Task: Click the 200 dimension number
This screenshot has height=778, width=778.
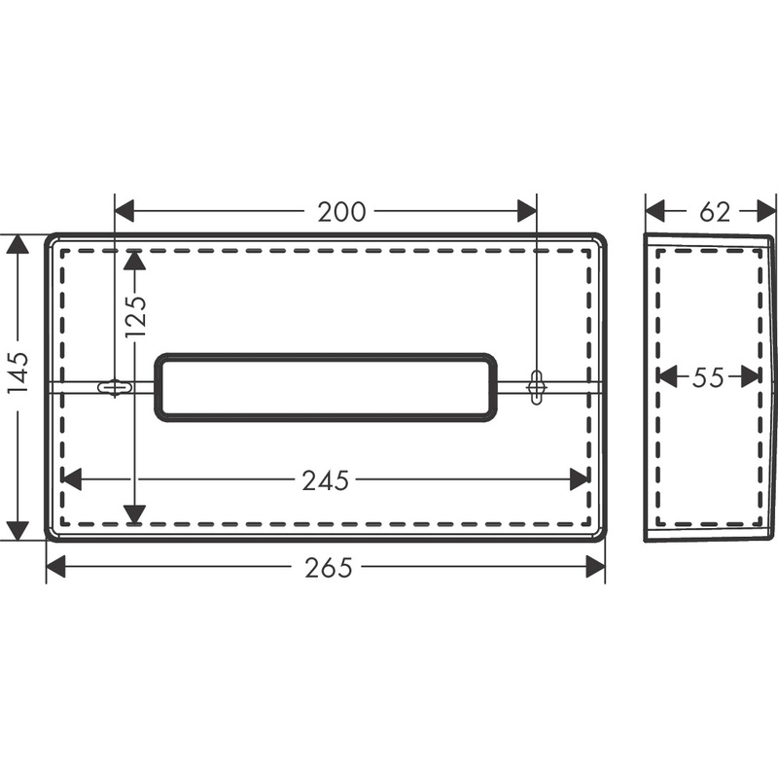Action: click(x=341, y=212)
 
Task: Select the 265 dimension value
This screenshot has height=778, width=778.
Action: click(x=328, y=568)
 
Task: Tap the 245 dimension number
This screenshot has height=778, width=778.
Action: click(x=326, y=480)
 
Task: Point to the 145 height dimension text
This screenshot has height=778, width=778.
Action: click(x=18, y=373)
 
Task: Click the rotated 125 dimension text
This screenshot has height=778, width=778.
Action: click(x=136, y=317)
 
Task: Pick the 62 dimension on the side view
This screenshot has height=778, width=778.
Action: click(x=715, y=212)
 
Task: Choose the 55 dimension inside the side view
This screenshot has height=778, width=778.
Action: click(x=708, y=377)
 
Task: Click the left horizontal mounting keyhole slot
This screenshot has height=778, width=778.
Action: click(x=115, y=387)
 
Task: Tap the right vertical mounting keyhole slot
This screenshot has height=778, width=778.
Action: click(x=537, y=387)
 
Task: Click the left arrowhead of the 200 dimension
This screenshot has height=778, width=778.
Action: click(x=124, y=211)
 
